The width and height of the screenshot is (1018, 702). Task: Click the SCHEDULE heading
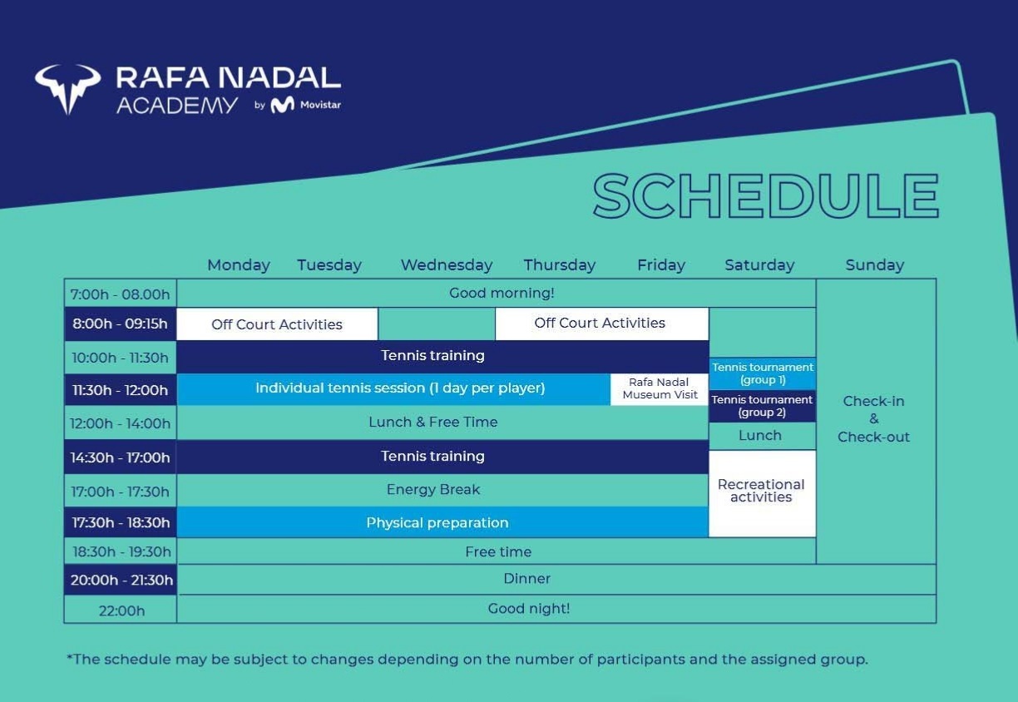765,196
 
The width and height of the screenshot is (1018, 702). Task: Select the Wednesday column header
447,265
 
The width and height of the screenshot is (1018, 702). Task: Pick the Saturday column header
759,265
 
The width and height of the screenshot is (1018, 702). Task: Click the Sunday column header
874,265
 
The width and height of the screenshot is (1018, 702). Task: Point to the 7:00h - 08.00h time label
121,294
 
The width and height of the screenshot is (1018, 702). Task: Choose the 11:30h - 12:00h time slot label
121,390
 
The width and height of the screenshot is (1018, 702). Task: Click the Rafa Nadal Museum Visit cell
660,388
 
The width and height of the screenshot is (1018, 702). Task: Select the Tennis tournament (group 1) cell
763,373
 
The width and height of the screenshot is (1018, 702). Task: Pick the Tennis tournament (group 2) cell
763,406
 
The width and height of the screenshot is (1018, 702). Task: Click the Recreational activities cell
761,491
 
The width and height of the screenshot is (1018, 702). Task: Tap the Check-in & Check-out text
874,419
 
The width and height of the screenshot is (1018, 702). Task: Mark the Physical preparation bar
437,523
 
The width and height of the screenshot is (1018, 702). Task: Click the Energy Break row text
433,490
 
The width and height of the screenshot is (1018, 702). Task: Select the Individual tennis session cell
400,388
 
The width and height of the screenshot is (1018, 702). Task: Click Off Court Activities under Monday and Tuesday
277,324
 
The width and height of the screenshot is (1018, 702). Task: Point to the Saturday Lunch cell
760,436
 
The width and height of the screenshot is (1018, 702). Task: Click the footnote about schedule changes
467,660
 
